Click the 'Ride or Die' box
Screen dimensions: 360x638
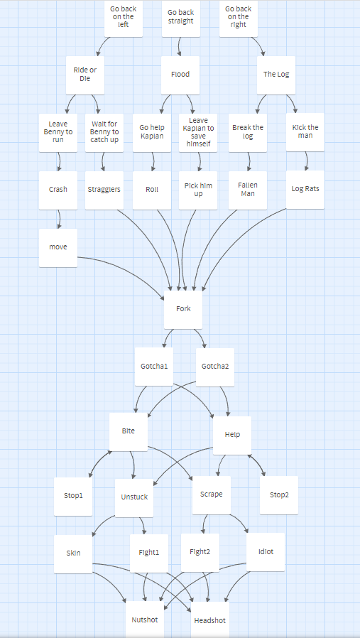tap(85, 75)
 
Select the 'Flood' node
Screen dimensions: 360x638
tap(180, 75)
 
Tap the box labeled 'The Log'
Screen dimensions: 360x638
tap(276, 75)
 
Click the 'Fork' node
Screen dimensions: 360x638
tap(183, 309)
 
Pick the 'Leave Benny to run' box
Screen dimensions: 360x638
tap(58, 133)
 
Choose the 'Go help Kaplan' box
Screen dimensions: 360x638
tap(152, 133)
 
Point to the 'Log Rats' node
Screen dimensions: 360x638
tap(305, 190)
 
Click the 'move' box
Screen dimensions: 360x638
tap(58, 248)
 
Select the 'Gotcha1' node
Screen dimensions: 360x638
tap(154, 366)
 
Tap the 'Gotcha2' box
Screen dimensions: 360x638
tap(215, 367)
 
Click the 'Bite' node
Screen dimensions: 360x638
tap(129, 432)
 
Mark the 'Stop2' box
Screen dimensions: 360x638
tap(279, 495)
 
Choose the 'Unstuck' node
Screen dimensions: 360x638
tap(134, 497)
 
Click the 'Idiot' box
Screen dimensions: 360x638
tap(266, 552)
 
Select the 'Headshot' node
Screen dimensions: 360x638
tap(210, 620)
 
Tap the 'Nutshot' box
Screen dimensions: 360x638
tap(145, 620)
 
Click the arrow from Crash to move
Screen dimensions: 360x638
tap(60, 220)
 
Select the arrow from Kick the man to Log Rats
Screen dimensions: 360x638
tap(307, 161)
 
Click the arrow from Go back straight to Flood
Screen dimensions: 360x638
tap(180, 47)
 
